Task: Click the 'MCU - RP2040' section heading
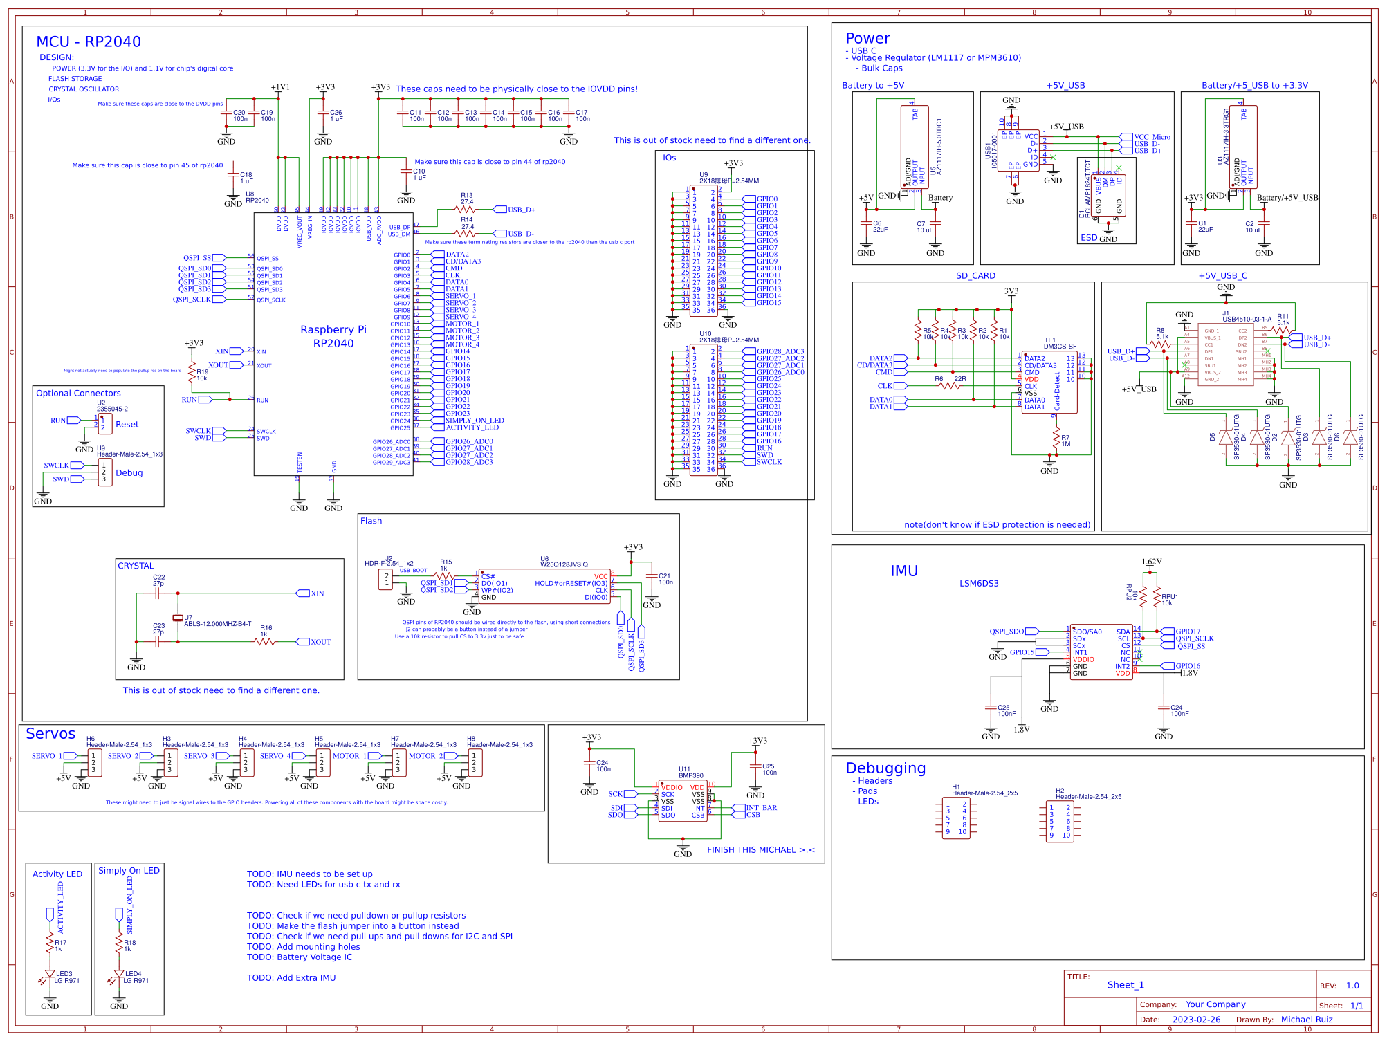tap(89, 42)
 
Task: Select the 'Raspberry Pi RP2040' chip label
tap(333, 337)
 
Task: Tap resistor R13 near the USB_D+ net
tap(466, 209)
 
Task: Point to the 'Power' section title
tap(867, 39)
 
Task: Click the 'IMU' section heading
tap(903, 571)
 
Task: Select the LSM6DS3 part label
tap(979, 584)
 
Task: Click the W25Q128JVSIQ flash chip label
tap(564, 564)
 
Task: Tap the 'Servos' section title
tap(50, 734)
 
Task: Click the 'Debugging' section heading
tap(885, 768)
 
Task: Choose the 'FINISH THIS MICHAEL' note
tap(760, 850)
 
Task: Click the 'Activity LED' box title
tap(57, 874)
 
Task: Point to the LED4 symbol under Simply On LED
tap(119, 975)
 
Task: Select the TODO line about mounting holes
tap(304, 947)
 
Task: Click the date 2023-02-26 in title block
tap(1196, 1020)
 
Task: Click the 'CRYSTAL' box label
tap(136, 566)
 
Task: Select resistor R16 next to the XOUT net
tap(265, 641)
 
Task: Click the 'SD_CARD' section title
tap(975, 276)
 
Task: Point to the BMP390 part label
tap(690, 775)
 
